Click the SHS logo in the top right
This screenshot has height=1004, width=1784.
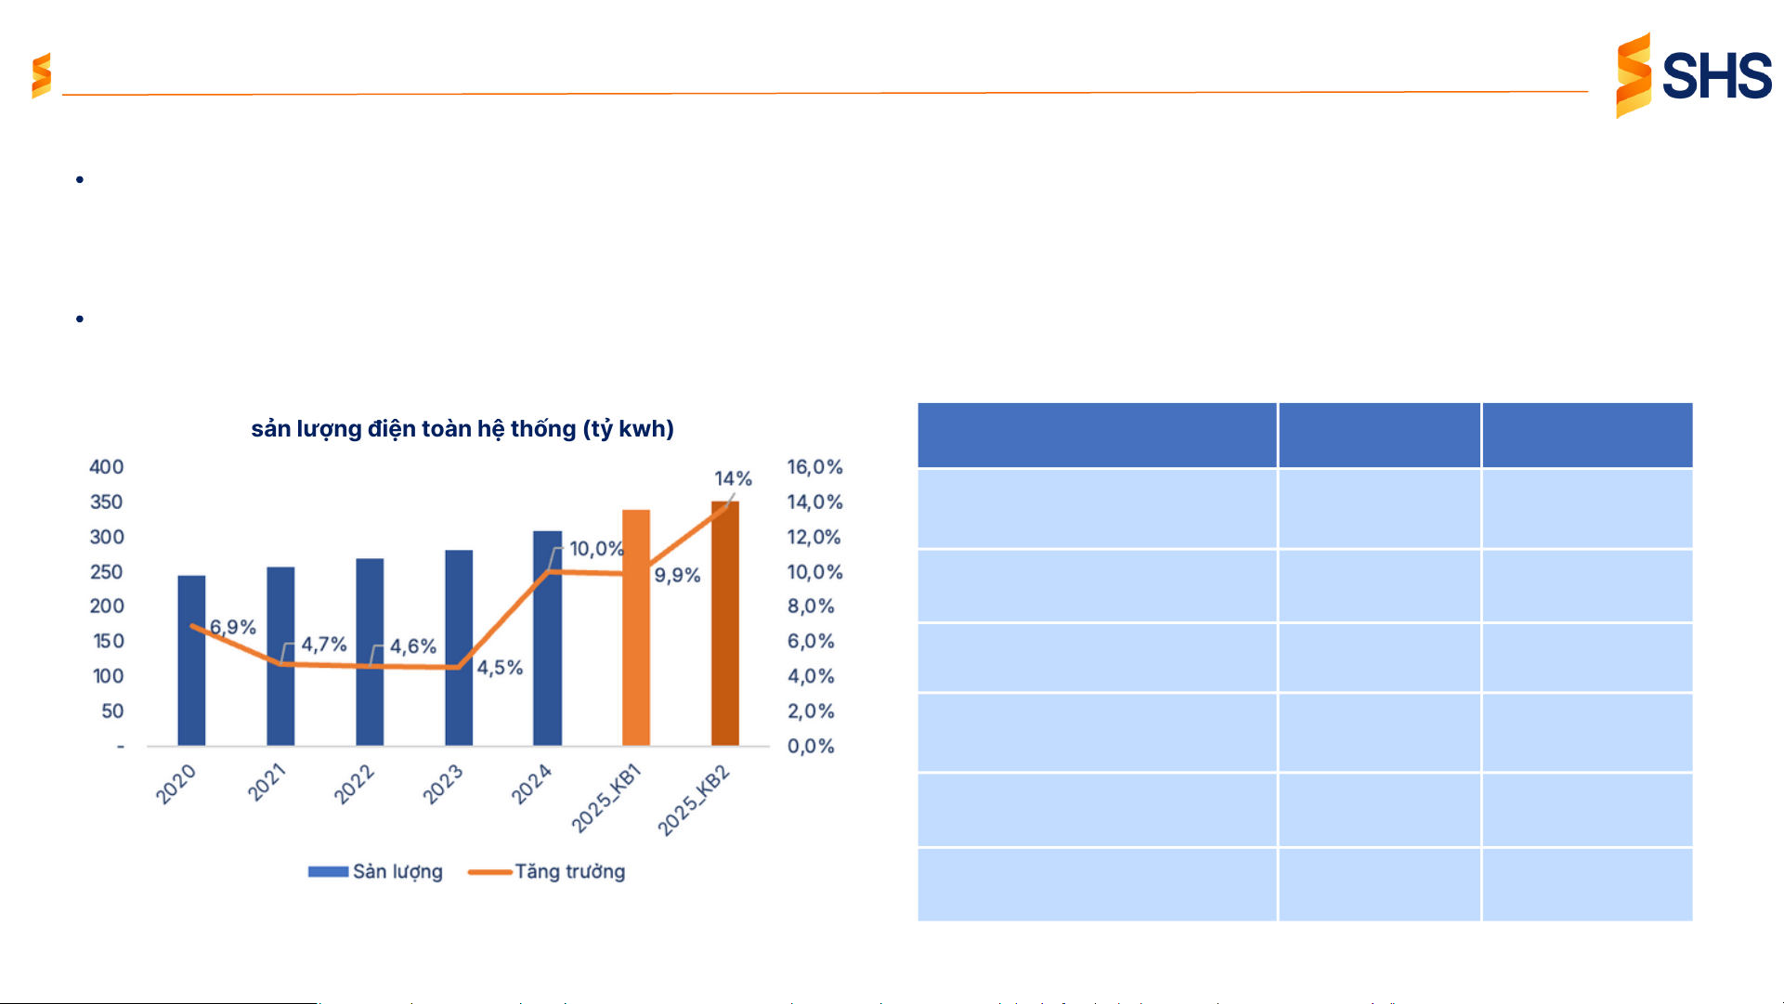pyautogui.click(x=1693, y=75)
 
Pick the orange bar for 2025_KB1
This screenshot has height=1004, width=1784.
pyautogui.click(x=636, y=627)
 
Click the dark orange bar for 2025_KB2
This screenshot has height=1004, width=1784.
pyautogui.click(x=725, y=623)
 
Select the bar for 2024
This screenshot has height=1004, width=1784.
pyautogui.click(x=547, y=638)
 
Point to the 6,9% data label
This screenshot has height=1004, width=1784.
pyautogui.click(x=232, y=627)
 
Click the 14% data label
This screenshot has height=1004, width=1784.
pyautogui.click(x=733, y=478)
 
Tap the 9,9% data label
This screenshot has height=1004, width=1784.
pyautogui.click(x=677, y=575)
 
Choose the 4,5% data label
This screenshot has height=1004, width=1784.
pyautogui.click(x=500, y=668)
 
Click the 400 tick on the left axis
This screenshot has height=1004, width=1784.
pyautogui.click(x=106, y=467)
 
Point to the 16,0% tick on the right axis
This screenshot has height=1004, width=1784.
pyautogui.click(x=814, y=467)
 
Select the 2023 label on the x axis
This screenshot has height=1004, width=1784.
pyautogui.click(x=443, y=785)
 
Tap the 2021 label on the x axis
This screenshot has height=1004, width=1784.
pyautogui.click(x=267, y=783)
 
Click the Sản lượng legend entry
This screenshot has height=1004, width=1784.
pyautogui.click(x=376, y=871)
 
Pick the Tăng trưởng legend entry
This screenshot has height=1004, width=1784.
pyautogui.click(x=548, y=871)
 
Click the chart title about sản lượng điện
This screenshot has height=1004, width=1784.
pyautogui.click(x=462, y=429)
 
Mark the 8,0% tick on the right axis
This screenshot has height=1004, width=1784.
pyautogui.click(x=811, y=606)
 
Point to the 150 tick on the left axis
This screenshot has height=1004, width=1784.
pyautogui.click(x=108, y=641)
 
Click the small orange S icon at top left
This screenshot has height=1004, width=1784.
pyautogui.click(x=41, y=75)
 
